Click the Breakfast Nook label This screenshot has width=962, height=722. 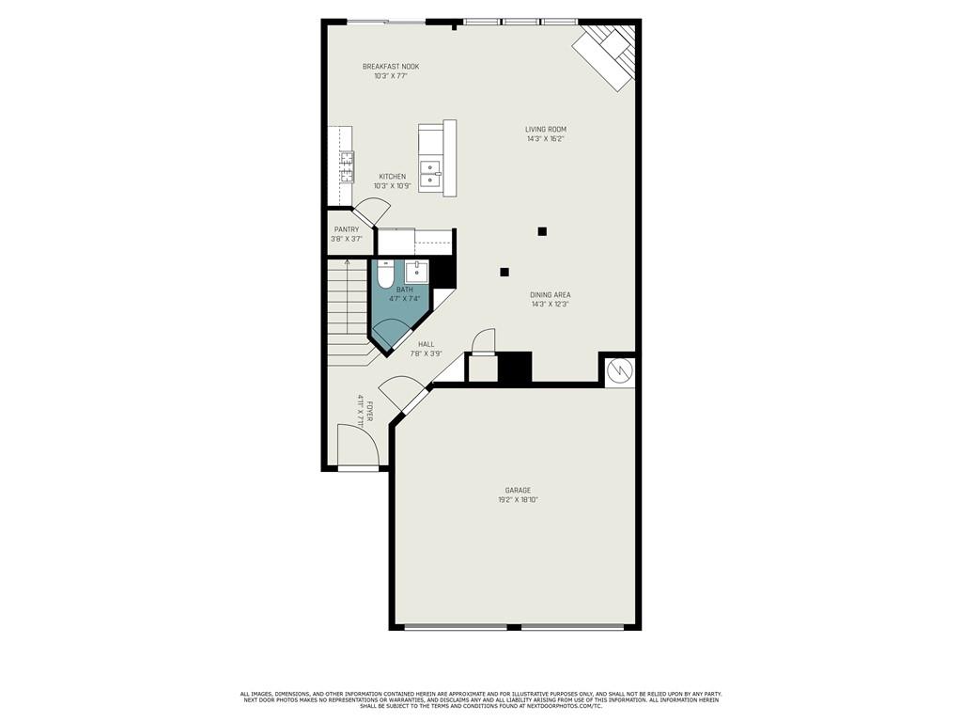(x=391, y=67)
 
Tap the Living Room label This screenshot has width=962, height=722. (x=546, y=130)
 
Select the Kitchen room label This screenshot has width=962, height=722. (x=393, y=177)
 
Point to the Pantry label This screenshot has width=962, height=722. (x=347, y=229)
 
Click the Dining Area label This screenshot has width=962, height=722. (x=550, y=295)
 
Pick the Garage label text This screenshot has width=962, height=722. (x=518, y=490)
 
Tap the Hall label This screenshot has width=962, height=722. (x=427, y=344)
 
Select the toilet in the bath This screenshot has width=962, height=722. (x=385, y=276)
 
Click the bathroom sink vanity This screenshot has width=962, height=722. (x=417, y=273)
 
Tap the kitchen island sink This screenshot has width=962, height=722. (x=429, y=175)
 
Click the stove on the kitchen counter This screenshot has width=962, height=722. (x=347, y=166)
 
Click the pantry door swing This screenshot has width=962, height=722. (x=368, y=213)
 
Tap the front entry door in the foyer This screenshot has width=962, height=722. (x=357, y=446)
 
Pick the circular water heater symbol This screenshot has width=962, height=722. (x=619, y=372)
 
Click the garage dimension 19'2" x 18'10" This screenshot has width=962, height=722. (x=518, y=500)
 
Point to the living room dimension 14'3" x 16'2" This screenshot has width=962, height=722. (x=546, y=139)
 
